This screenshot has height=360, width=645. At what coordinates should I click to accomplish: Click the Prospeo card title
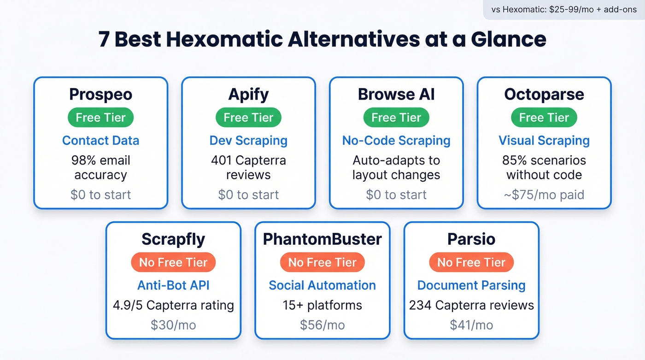pyautogui.click(x=100, y=94)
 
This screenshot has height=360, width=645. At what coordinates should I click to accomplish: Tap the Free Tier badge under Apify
pyautogui.click(x=248, y=118)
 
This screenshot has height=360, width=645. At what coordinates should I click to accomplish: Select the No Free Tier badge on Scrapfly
pyautogui.click(x=173, y=262)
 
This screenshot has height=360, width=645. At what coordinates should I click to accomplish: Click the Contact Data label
pyautogui.click(x=100, y=141)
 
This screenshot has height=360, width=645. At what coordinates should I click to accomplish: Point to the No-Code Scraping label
pyautogui.click(x=396, y=141)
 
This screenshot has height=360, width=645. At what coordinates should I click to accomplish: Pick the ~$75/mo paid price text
pyautogui.click(x=544, y=195)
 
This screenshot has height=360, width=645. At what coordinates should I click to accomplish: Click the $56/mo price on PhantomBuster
pyautogui.click(x=322, y=325)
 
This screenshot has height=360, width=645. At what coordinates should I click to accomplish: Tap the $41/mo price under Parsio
pyautogui.click(x=471, y=325)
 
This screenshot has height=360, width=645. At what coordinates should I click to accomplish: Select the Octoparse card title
pyautogui.click(x=544, y=94)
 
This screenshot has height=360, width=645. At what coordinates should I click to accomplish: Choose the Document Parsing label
pyautogui.click(x=471, y=285)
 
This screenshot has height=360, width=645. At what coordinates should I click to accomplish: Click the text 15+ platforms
pyautogui.click(x=322, y=305)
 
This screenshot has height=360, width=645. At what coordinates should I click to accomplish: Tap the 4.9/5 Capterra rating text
pyautogui.click(x=173, y=305)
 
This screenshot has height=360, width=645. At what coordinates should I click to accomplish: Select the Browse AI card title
pyautogui.click(x=396, y=94)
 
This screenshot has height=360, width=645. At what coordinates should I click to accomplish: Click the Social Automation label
pyautogui.click(x=322, y=285)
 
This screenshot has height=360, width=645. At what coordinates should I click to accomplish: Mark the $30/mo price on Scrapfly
pyautogui.click(x=173, y=325)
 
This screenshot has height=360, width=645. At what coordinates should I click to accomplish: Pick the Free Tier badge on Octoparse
pyautogui.click(x=544, y=118)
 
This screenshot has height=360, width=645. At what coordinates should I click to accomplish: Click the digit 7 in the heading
pyautogui.click(x=104, y=40)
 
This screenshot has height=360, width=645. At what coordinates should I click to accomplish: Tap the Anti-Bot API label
pyautogui.click(x=173, y=285)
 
